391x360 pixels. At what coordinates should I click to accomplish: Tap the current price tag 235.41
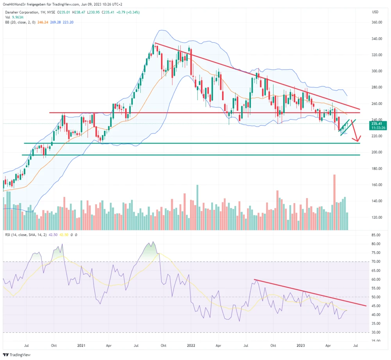pyautogui.click(x=378, y=124)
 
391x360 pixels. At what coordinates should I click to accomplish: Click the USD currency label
pyautogui.click(x=376, y=12)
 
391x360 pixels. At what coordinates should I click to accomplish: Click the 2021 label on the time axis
pyautogui.click(x=82, y=346)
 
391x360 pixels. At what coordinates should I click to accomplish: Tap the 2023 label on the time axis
pyautogui.click(x=301, y=346)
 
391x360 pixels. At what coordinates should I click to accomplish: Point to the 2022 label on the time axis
pyautogui.click(x=191, y=346)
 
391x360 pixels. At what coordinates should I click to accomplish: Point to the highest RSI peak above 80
pyautogui.click(x=153, y=242)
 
